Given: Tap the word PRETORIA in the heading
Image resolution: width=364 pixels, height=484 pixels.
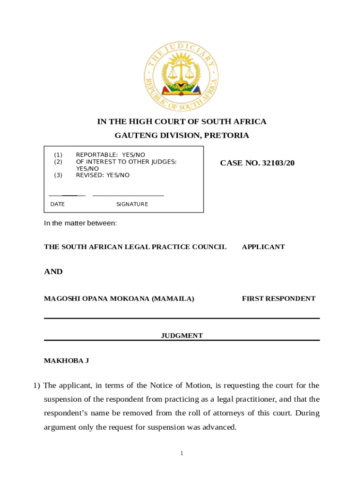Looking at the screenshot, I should (226, 136).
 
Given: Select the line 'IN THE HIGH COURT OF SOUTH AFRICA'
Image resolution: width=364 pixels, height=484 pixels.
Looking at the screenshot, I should (182, 121).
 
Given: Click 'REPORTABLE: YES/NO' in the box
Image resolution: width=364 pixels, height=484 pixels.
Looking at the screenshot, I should (111, 155).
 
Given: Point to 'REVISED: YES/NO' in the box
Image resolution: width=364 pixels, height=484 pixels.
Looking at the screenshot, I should (103, 175).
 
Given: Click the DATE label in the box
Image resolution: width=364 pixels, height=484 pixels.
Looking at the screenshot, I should (58, 204).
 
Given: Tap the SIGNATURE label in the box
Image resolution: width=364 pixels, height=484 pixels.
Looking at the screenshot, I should (132, 204).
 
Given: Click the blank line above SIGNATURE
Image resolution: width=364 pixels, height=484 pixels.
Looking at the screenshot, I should (128, 195).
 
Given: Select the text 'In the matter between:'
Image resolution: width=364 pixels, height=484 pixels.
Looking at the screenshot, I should (80, 223).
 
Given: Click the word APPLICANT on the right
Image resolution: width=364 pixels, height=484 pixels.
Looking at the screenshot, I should (263, 247).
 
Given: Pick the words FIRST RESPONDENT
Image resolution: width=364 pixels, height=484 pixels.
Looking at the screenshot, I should (278, 299).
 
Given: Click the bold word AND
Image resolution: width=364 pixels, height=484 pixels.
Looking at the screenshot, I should (53, 272).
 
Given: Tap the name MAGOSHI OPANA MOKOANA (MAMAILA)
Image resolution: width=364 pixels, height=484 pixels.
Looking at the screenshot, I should (119, 299).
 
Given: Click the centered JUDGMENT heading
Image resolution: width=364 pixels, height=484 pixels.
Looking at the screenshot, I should (182, 336).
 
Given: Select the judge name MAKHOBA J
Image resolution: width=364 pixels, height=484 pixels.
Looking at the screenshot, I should (67, 361).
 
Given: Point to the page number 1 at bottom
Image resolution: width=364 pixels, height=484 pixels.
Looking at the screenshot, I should (182, 453).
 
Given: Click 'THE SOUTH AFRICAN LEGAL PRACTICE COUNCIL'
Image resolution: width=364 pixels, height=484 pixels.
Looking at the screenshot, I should (135, 247).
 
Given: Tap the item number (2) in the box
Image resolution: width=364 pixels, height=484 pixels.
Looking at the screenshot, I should (58, 162).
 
